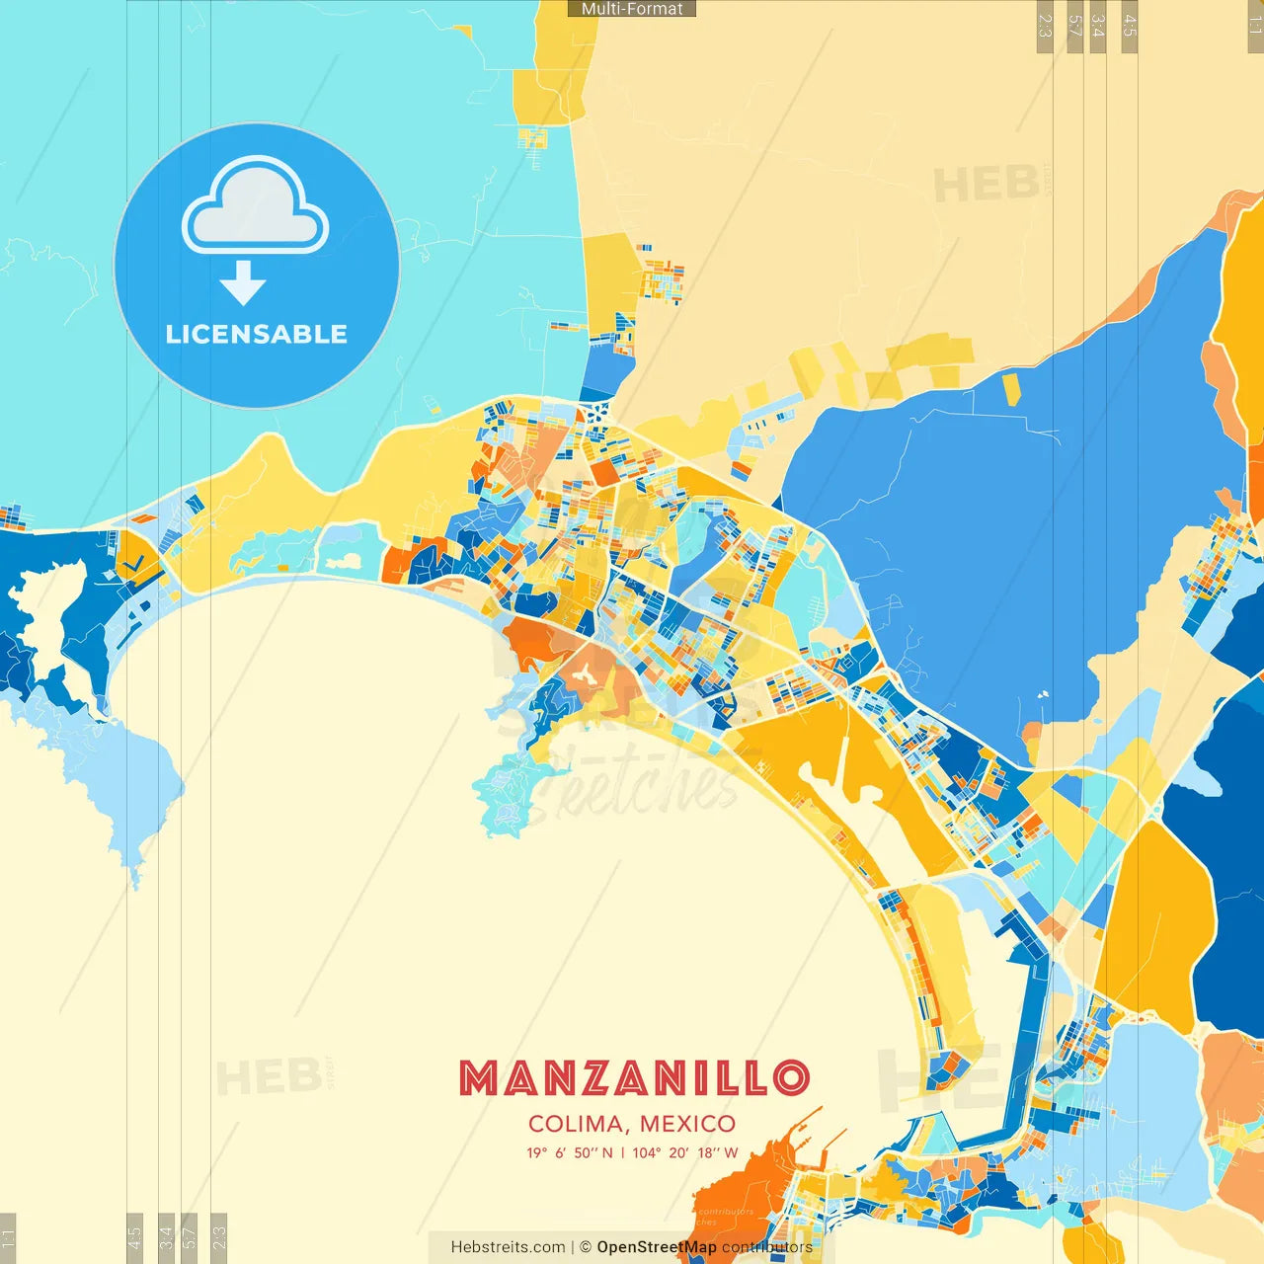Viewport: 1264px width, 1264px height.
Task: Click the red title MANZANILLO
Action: click(633, 1078)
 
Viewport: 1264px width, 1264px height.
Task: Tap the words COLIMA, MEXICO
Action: click(632, 1124)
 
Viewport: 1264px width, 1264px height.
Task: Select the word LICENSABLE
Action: click(256, 334)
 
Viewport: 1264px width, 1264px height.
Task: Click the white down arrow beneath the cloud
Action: click(243, 283)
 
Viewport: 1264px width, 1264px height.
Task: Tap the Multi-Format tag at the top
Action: click(632, 8)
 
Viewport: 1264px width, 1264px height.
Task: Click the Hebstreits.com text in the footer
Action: click(508, 1247)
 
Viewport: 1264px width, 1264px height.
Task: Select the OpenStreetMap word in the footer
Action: click(656, 1247)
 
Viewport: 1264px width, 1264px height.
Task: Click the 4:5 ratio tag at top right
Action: click(1130, 27)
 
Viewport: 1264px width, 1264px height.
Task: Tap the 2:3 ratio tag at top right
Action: click(1045, 27)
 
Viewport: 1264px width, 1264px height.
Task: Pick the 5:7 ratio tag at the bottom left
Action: click(190, 1236)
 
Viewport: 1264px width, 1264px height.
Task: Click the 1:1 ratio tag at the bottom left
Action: click(8, 1236)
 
